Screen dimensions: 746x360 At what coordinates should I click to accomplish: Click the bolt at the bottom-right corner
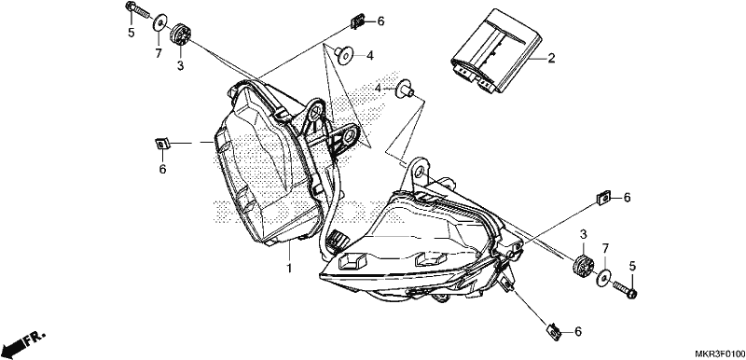[x=625, y=290]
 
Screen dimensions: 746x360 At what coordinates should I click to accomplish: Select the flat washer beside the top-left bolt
[x=159, y=22]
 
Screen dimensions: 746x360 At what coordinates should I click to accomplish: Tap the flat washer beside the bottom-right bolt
[x=603, y=278]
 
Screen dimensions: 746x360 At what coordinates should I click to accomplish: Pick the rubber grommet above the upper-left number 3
[x=180, y=35]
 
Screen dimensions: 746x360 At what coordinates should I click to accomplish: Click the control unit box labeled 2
[x=496, y=51]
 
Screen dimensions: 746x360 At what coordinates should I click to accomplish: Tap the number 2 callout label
[x=551, y=59]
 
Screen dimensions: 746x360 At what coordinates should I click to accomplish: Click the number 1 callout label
[x=288, y=268]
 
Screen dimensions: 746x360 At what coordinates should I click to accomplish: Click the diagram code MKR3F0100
[x=719, y=353]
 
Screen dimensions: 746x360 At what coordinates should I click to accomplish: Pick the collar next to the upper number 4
[x=343, y=53]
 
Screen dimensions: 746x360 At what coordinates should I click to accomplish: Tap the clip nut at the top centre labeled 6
[x=358, y=21]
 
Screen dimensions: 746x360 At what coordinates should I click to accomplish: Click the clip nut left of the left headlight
[x=161, y=143]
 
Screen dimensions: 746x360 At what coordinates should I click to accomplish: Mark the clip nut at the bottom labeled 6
[x=553, y=331]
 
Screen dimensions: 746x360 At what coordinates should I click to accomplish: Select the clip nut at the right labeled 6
[x=603, y=197]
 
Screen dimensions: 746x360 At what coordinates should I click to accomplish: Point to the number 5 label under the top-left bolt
[x=131, y=34]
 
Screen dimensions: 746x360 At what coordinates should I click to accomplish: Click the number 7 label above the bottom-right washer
[x=605, y=249]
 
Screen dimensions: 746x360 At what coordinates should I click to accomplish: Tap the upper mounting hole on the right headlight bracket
[x=419, y=173]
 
